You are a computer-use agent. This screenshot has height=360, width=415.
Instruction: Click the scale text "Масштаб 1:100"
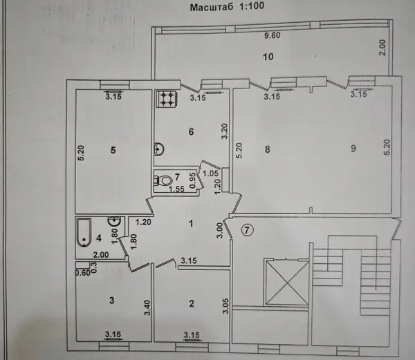pyautogui.click(x=227, y=6)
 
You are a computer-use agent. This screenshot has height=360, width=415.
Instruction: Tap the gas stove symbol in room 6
pyautogui.click(x=167, y=99)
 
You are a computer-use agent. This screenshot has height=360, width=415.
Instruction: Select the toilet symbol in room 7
pyautogui.click(x=163, y=180)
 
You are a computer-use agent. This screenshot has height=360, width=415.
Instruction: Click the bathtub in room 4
pyautogui.click(x=84, y=232)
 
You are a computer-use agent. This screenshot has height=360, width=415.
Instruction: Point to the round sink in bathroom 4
pyautogui.click(x=114, y=220)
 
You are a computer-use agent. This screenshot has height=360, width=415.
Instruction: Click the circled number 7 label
pyautogui.click(x=247, y=230)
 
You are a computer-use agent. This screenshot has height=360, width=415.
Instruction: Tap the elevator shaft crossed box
pyautogui.click(x=287, y=283)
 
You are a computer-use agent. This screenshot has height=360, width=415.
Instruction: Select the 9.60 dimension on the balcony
pyautogui.click(x=273, y=35)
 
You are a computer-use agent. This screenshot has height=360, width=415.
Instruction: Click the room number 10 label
pyautogui.click(x=268, y=57)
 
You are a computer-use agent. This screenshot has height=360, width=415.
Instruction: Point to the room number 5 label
pyautogui.click(x=113, y=150)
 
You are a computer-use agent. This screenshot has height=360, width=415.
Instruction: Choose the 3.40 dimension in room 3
pyautogui.click(x=147, y=307)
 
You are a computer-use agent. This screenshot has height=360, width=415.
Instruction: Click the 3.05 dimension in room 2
pyautogui.click(x=225, y=306)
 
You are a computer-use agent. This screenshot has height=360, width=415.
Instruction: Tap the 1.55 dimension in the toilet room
pyautogui.click(x=177, y=189)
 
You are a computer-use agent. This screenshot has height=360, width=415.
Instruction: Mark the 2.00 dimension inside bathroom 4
pyautogui.click(x=100, y=254)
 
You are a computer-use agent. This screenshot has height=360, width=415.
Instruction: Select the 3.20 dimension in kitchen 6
pyautogui.click(x=224, y=131)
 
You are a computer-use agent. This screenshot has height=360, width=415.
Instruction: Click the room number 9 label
pyautogui.click(x=353, y=149)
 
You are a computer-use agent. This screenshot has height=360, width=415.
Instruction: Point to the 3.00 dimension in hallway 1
pyautogui.click(x=220, y=231)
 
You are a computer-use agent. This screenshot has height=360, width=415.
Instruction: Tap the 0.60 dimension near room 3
pyautogui.click(x=83, y=272)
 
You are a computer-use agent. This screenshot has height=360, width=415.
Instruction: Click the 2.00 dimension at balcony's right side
pyautogui.click(x=382, y=48)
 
